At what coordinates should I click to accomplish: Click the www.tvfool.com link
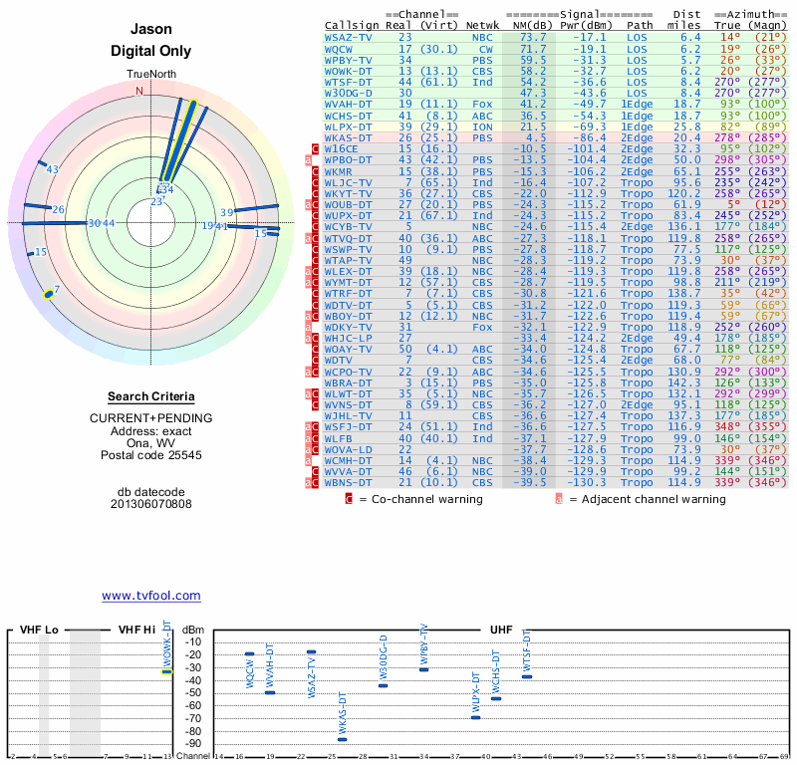pos(150,596)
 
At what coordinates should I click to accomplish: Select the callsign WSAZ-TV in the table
pos(349,37)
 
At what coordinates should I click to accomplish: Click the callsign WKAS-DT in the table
pos(349,136)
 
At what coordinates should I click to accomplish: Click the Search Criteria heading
pos(150,396)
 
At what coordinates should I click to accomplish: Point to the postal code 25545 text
pos(150,454)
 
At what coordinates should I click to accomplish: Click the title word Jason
pos(150,30)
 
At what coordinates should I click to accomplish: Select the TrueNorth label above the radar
pos(150,75)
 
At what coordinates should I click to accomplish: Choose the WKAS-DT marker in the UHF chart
pos(343,739)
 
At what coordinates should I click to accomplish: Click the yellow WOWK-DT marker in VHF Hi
pos(167,671)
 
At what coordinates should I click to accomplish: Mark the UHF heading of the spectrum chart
pos(501,631)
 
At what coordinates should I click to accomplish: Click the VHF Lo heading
pos(39,631)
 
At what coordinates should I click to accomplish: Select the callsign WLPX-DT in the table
pos(349,127)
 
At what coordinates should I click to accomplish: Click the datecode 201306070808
pos(150,504)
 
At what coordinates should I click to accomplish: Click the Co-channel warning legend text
pos(424,499)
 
